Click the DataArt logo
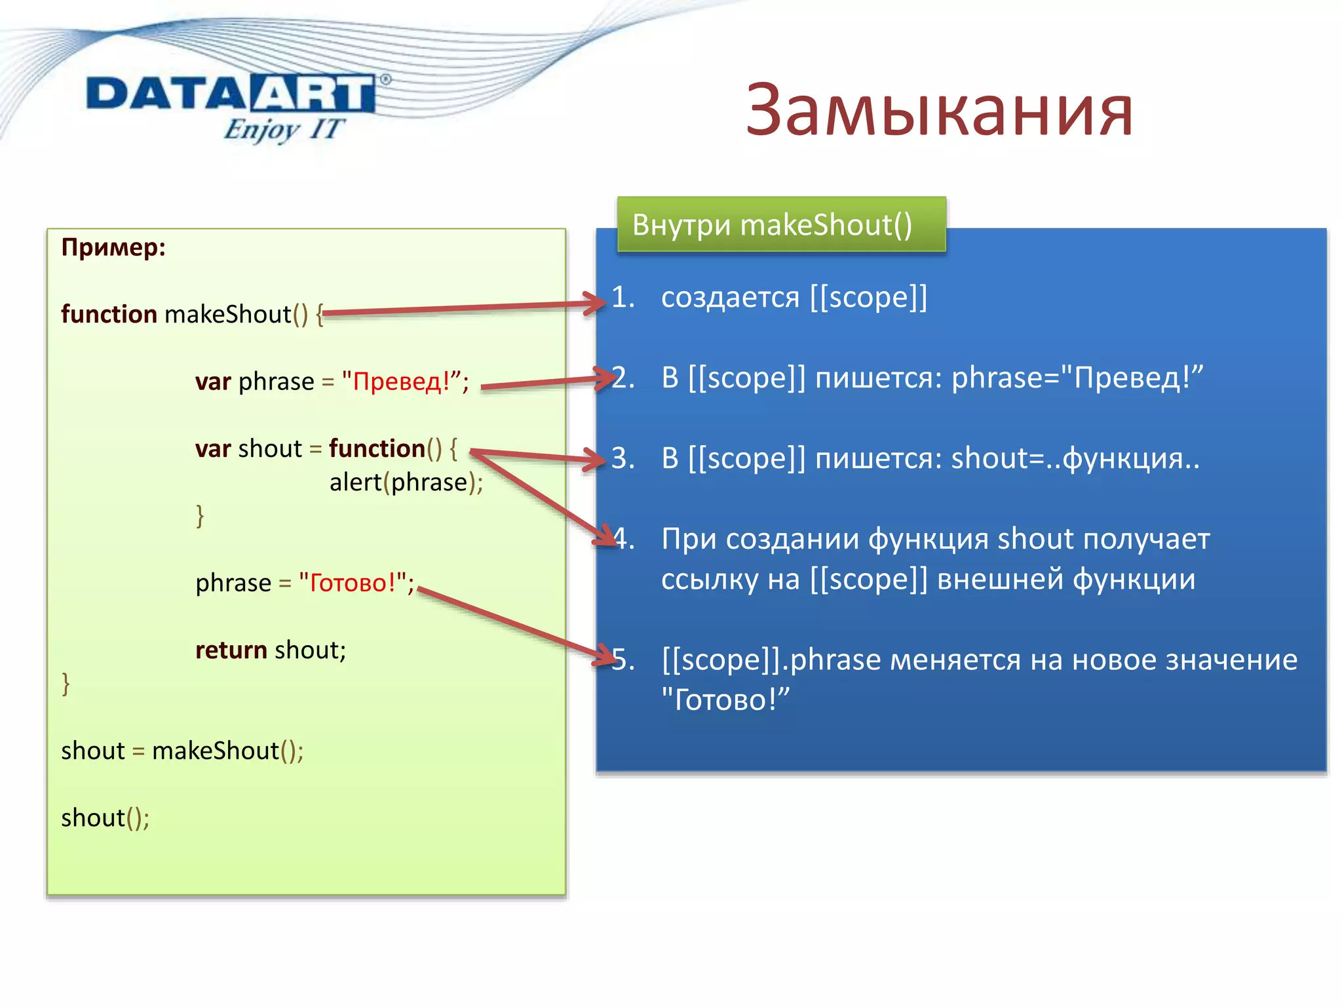[x=231, y=94]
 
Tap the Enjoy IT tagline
[x=283, y=129]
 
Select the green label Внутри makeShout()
[x=772, y=225]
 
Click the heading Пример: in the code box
[x=113, y=248]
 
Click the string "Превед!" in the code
[x=402, y=381]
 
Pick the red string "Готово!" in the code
[x=352, y=582]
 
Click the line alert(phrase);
[x=406, y=483]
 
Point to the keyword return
[x=231, y=650]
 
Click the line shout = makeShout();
[x=182, y=751]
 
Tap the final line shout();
[x=105, y=818]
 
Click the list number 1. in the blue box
[x=623, y=298]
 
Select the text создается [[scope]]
[x=794, y=298]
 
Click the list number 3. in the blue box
[x=623, y=458]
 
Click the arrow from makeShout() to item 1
[x=459, y=308]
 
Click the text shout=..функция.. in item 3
[x=1075, y=458]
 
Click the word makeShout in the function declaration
[x=227, y=315]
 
